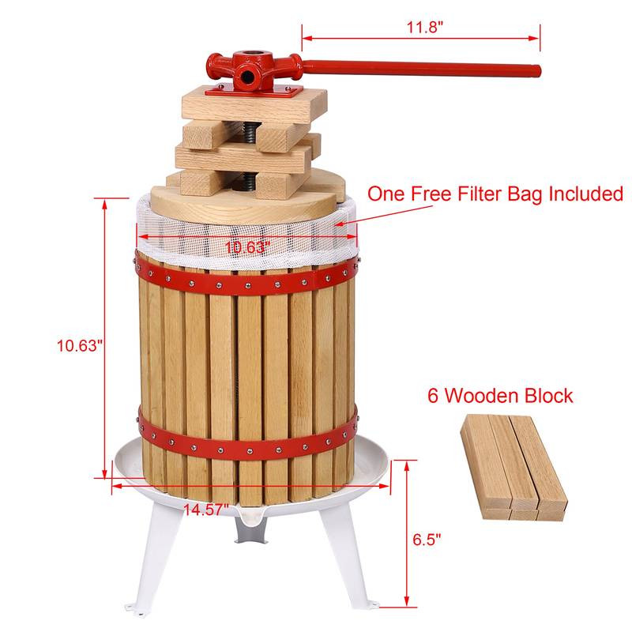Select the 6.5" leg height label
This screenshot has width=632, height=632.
426,540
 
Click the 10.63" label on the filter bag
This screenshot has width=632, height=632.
246,247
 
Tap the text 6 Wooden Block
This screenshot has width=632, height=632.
499,395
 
